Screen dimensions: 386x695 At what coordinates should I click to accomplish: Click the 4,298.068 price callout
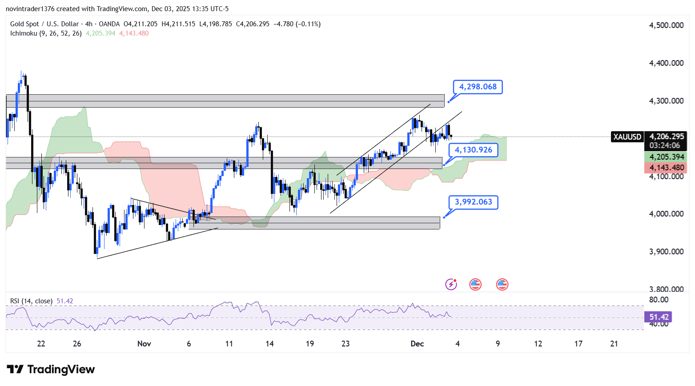click(x=478, y=87)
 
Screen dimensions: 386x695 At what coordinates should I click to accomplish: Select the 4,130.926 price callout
click(x=473, y=150)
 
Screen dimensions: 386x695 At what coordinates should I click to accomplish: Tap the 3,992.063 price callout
click(x=473, y=202)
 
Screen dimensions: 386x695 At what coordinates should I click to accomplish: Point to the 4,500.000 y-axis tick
click(x=666, y=25)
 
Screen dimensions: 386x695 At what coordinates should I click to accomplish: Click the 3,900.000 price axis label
click(x=666, y=252)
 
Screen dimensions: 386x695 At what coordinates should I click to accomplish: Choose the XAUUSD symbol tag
click(x=627, y=137)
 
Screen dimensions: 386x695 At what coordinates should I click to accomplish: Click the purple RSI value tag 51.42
click(x=659, y=317)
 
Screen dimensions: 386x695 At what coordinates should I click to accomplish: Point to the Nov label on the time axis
click(x=144, y=344)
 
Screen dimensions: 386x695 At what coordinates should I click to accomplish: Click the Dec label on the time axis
click(x=417, y=344)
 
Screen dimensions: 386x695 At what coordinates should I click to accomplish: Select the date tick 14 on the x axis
click(x=269, y=344)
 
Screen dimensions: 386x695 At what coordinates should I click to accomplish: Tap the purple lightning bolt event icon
click(x=451, y=284)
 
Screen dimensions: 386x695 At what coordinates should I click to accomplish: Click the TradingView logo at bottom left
click(x=51, y=370)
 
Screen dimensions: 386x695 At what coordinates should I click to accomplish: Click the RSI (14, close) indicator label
click(x=31, y=301)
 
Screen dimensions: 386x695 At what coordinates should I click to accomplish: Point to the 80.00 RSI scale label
click(x=658, y=300)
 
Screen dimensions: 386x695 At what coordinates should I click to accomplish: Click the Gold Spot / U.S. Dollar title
click(x=44, y=24)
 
